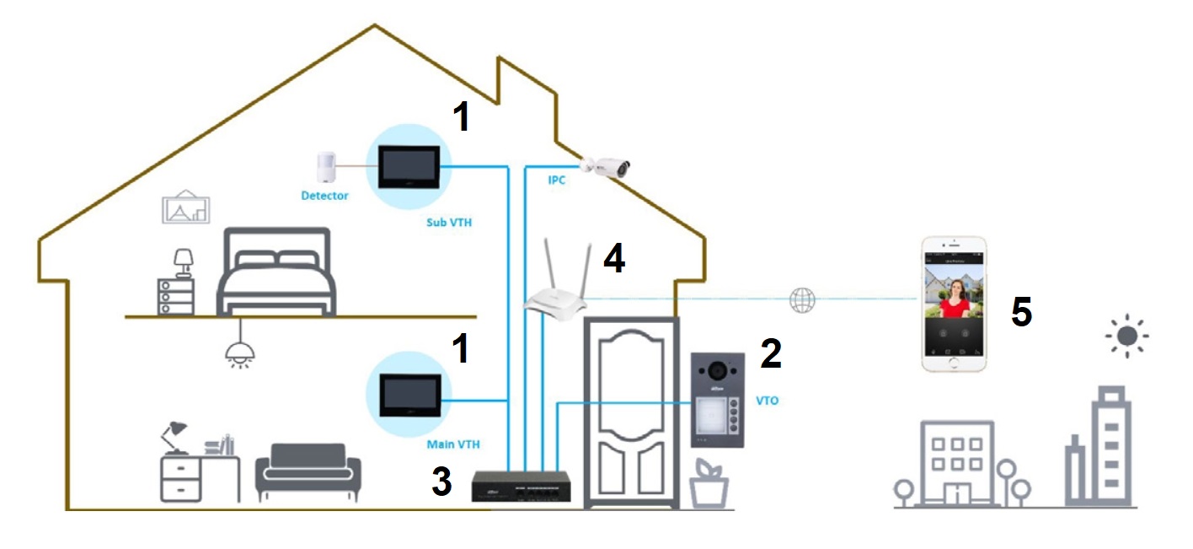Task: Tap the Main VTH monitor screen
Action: click(x=408, y=394)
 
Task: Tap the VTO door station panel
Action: click(x=717, y=400)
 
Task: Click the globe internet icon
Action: click(x=802, y=300)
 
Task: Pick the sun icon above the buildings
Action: click(x=1126, y=337)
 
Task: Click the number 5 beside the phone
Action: click(x=1021, y=313)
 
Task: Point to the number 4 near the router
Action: click(x=614, y=258)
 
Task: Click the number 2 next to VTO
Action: click(x=770, y=354)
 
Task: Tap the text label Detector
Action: click(x=324, y=196)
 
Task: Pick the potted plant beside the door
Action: click(x=708, y=484)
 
